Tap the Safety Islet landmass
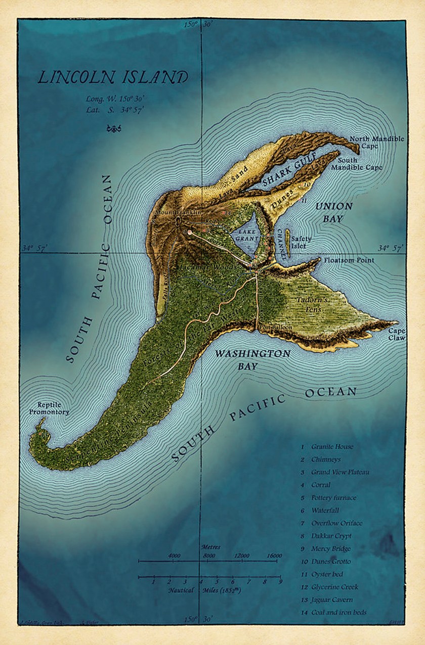tap(288, 243)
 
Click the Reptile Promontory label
tap(53, 408)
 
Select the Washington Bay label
tap(252, 359)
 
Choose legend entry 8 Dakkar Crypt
tap(331, 536)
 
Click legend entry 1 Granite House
tap(332, 447)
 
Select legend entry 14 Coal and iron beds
tap(338, 613)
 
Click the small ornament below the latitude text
tap(112, 129)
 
